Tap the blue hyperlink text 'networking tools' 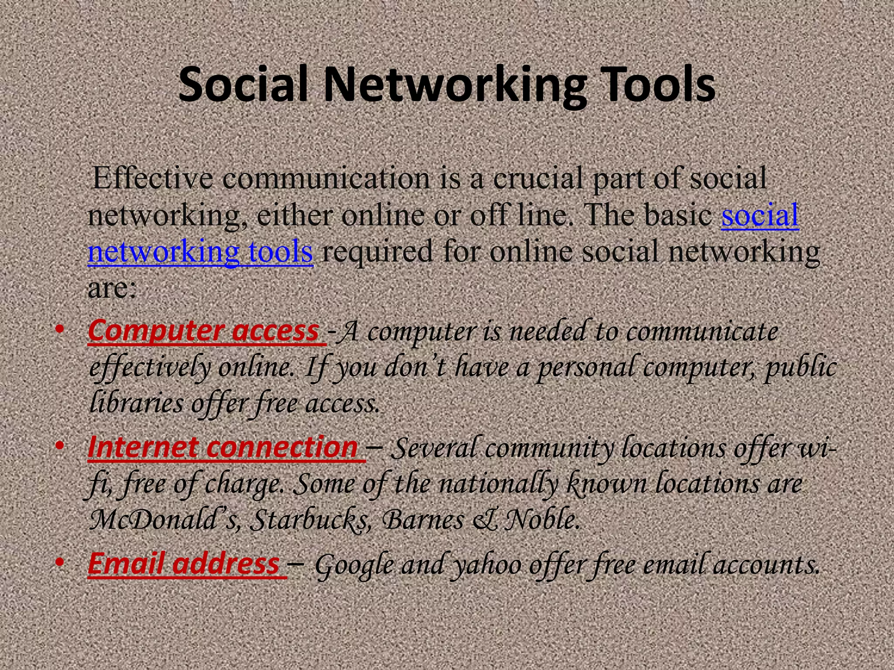pyautogui.click(x=200, y=252)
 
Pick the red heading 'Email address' pyautogui.click(x=183, y=564)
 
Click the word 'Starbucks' pyautogui.click(x=310, y=520)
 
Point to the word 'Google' pyautogui.click(x=354, y=565)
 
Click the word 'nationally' pyautogui.click(x=498, y=484)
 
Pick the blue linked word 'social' pyautogui.click(x=760, y=215)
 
